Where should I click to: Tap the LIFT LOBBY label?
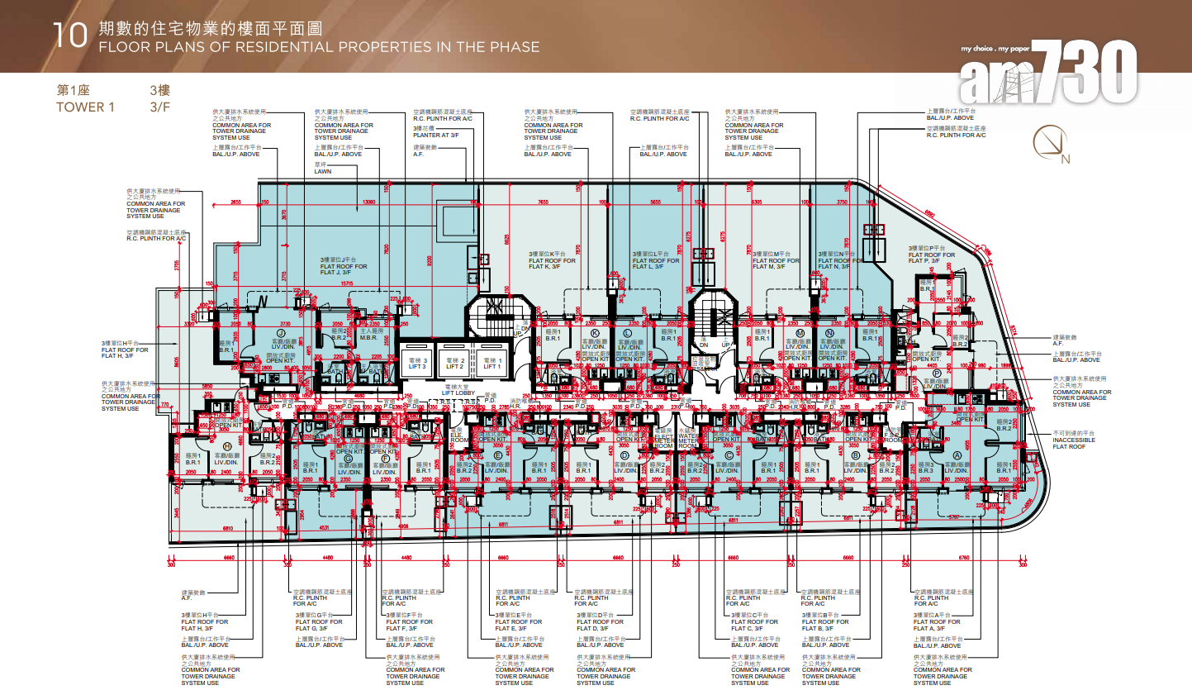(x=455, y=389)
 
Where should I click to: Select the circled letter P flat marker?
(x=936, y=374)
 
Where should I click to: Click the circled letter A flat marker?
(x=957, y=455)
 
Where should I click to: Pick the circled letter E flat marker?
(x=497, y=455)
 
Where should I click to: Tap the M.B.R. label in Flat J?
(x=369, y=335)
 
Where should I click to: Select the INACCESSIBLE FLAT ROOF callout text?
(x=1073, y=440)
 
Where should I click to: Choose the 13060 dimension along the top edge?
(x=368, y=201)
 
